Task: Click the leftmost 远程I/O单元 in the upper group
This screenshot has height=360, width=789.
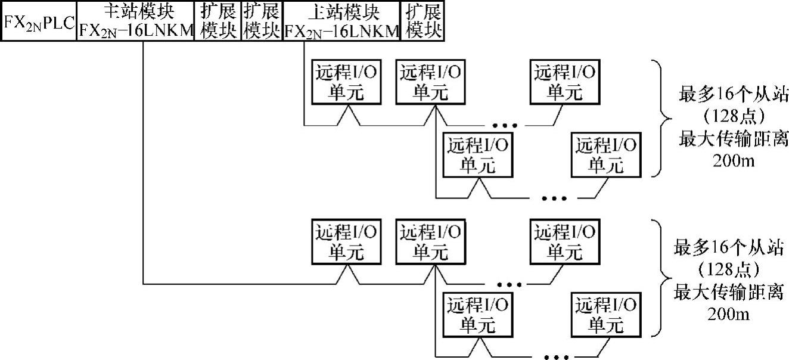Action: click(346, 82)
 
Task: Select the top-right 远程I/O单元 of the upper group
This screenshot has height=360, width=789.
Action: click(564, 82)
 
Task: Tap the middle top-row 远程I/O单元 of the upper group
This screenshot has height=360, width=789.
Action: click(431, 82)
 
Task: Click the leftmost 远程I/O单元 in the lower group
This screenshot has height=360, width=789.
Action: click(346, 242)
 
